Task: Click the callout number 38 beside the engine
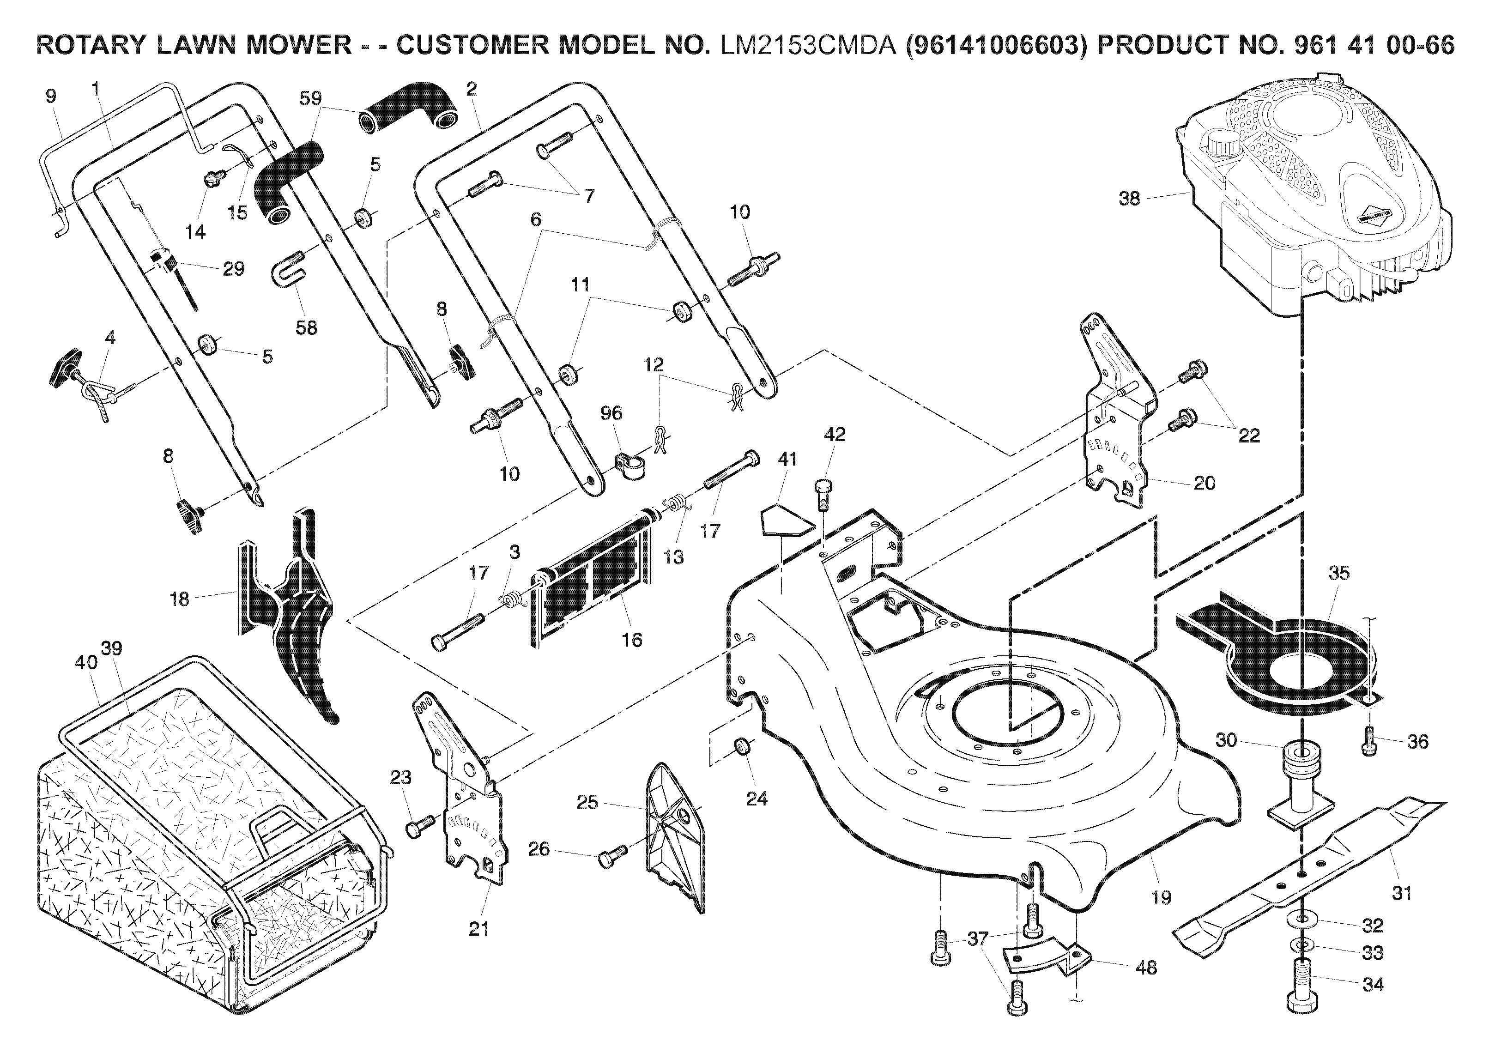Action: point(1129,199)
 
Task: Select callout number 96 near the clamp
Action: point(611,413)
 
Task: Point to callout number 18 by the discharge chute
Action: point(179,599)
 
